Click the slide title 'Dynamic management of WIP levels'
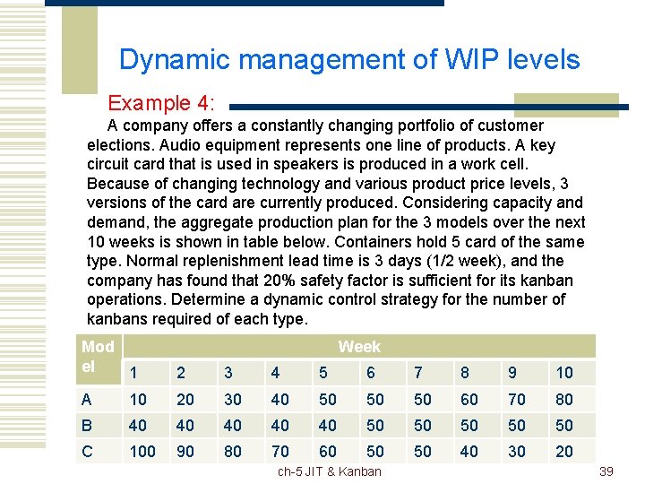349,60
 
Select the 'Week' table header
359,347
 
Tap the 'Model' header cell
98,356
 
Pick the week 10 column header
563,373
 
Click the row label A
87,399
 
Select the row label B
87,425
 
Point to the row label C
87,451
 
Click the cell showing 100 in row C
142,451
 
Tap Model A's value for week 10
563,399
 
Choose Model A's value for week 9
517,399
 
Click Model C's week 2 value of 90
185,451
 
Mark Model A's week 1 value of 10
138,399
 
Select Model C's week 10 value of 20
563,451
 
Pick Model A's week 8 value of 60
469,399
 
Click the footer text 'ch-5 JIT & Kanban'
329,471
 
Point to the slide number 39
606,471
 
